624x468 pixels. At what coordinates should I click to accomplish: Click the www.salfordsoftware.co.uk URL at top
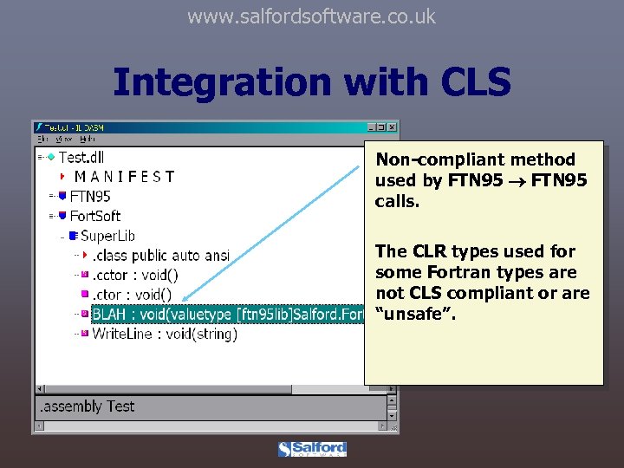tap(311, 16)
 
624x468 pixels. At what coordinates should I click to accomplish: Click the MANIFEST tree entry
tap(124, 177)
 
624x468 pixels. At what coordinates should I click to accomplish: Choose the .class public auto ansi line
tap(161, 255)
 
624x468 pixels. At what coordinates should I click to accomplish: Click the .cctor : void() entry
tap(135, 275)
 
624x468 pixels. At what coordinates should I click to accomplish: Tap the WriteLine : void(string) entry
tap(164, 334)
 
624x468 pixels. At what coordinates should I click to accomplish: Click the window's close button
tap(393, 127)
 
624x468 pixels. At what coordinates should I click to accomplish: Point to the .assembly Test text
tap(85, 406)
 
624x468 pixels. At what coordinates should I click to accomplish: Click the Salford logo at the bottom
tap(312, 449)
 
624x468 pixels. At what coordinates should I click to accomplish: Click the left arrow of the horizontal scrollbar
tap(40, 387)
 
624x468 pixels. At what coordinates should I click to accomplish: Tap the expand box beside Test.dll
tap(41, 157)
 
